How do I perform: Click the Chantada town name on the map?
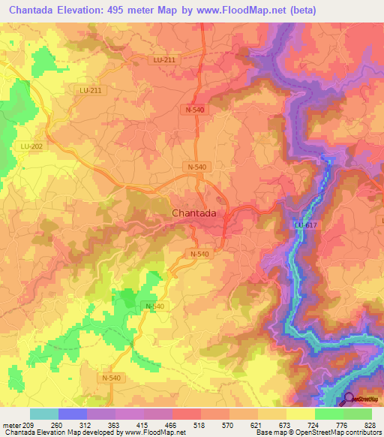tap(194, 213)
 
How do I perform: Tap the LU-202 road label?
tap(31, 146)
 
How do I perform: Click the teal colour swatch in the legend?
tap(44, 414)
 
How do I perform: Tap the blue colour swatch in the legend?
tap(73, 414)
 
